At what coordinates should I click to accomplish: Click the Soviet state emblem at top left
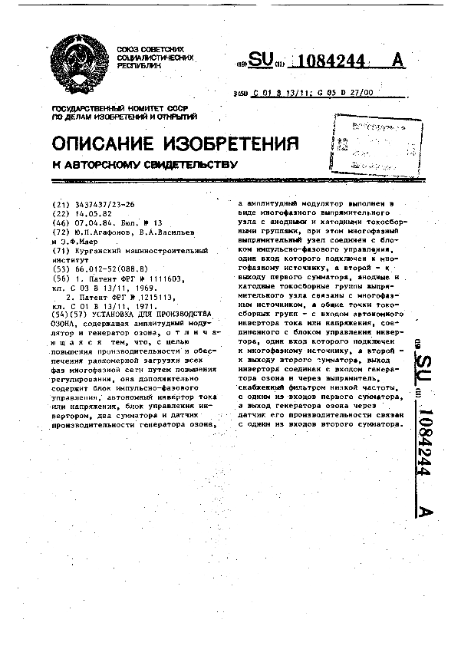[x=80, y=61]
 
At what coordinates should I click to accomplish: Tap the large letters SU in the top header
[x=261, y=60]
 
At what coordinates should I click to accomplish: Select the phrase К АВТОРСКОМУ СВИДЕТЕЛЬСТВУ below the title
[x=146, y=164]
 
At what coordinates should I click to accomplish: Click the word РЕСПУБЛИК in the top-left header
[x=140, y=66]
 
